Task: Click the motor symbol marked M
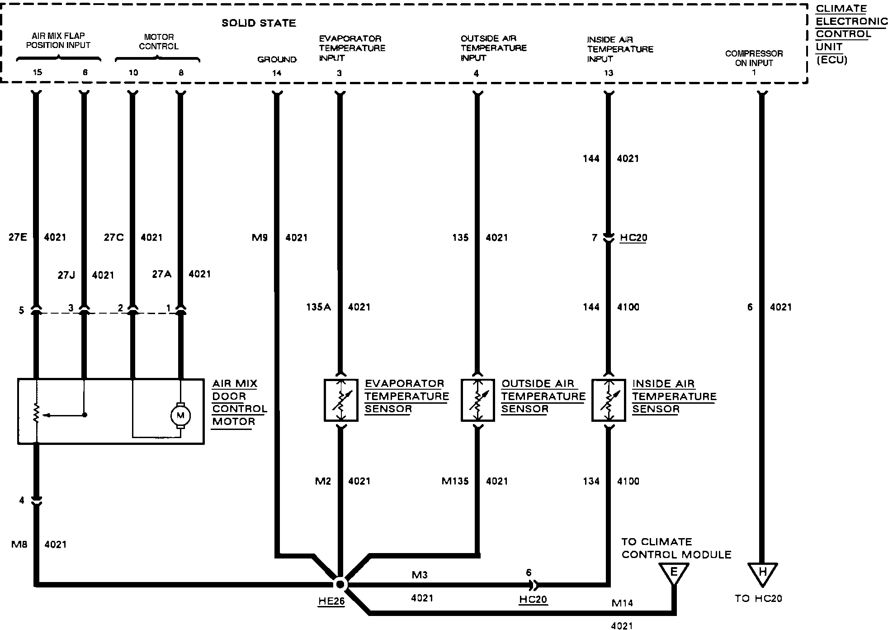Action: point(180,415)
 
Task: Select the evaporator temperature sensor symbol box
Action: point(341,400)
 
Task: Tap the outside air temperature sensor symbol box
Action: point(477,400)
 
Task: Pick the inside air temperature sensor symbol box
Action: point(609,400)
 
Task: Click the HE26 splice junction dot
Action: point(340,584)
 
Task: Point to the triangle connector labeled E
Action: point(673,573)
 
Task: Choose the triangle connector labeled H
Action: point(762,573)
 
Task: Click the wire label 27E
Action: point(18,237)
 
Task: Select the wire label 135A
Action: point(318,307)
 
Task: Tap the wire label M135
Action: point(455,481)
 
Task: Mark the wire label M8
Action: point(19,544)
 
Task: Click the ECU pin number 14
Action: point(277,73)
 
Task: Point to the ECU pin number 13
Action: point(609,73)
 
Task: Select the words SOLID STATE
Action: point(259,23)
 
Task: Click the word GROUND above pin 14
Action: point(277,59)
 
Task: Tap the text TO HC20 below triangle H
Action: point(758,598)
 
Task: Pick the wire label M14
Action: point(622,603)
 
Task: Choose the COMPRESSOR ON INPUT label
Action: point(754,58)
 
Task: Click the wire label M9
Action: point(260,237)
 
